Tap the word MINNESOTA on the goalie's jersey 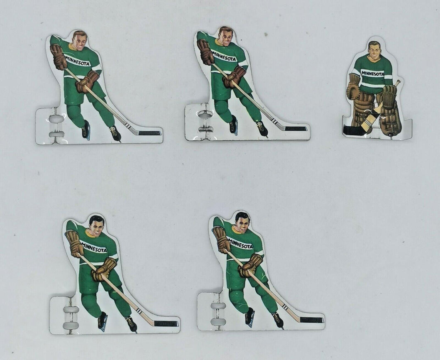(372, 73)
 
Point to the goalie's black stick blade (353, 130)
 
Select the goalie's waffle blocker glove (389, 96)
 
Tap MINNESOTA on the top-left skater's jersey (77, 61)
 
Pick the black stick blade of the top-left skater (149, 133)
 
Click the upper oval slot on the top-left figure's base (56, 119)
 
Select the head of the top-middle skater (225, 37)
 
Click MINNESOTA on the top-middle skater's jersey (224, 57)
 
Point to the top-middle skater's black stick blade (296, 128)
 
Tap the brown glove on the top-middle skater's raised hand (205, 51)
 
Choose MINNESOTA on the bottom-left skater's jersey (94, 247)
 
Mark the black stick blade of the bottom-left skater (166, 323)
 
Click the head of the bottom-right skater (242, 222)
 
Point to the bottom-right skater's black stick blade (311, 320)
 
